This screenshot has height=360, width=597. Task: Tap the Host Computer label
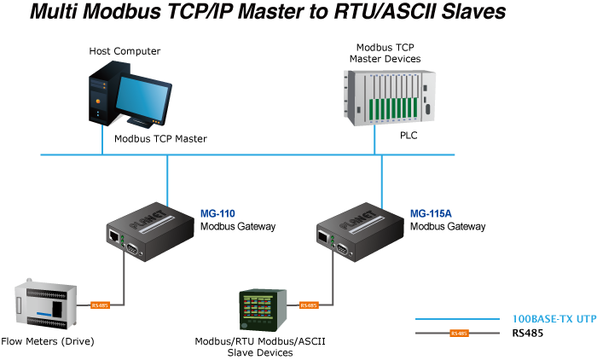pyautogui.click(x=125, y=52)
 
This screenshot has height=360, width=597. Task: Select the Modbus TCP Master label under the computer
pyautogui.click(x=160, y=138)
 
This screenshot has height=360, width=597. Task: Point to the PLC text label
pyautogui.click(x=409, y=135)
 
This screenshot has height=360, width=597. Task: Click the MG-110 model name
pyautogui.click(x=217, y=213)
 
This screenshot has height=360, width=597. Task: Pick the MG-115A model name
pyautogui.click(x=430, y=213)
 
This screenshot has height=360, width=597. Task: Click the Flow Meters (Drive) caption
pyautogui.click(x=48, y=341)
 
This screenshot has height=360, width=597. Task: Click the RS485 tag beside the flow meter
pyautogui.click(x=100, y=305)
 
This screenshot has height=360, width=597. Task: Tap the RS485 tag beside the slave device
pyautogui.click(x=308, y=305)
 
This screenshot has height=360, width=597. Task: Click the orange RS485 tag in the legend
pyautogui.click(x=459, y=333)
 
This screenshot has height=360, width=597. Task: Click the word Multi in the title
pyautogui.click(x=60, y=13)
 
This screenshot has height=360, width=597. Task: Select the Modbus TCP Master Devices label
pyautogui.click(x=385, y=53)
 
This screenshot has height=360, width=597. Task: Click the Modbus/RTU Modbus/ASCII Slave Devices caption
pyautogui.click(x=260, y=347)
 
